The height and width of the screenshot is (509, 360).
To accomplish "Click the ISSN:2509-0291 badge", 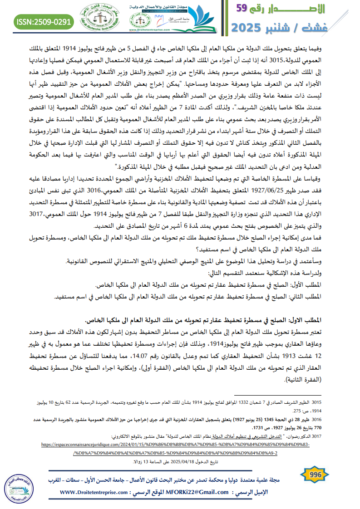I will (44, 21).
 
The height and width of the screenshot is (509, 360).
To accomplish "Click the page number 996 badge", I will (315, 475).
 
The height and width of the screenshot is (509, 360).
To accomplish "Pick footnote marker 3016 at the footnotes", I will (316, 421).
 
